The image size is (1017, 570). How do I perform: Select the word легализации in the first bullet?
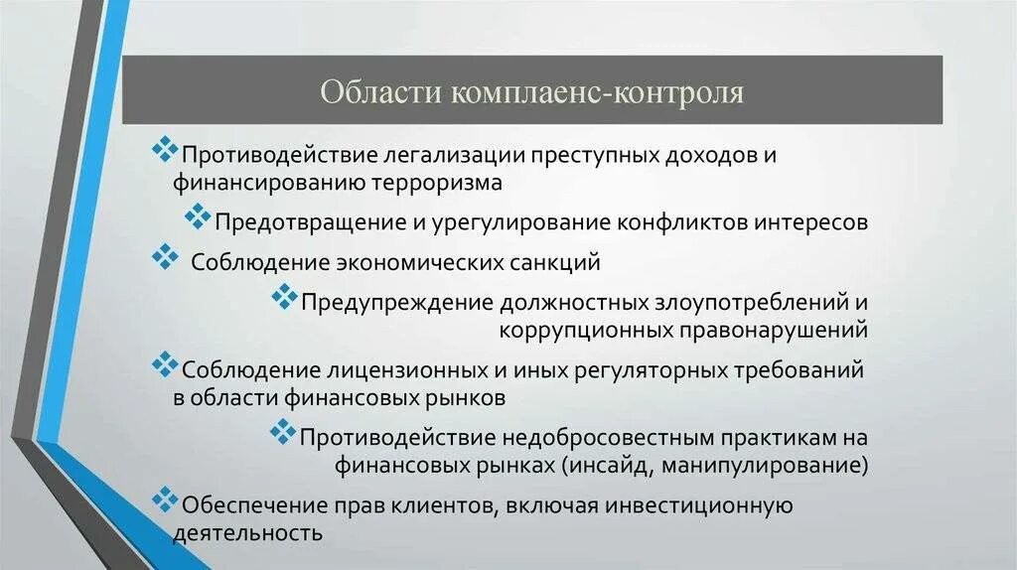428,157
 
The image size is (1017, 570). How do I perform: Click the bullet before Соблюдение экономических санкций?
163,258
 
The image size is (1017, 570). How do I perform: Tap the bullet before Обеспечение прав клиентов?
163,498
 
